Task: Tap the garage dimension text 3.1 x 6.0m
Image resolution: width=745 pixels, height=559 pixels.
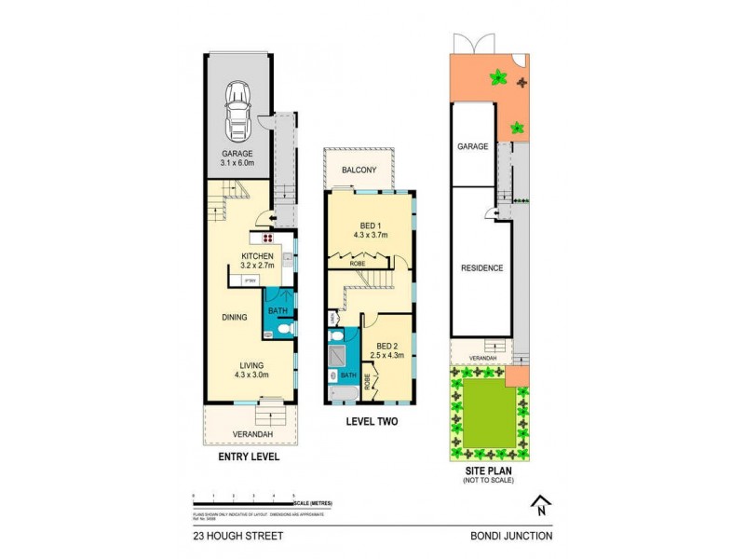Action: [238, 163]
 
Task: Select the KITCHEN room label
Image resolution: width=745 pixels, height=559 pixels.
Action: [257, 256]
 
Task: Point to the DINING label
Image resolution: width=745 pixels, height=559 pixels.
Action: [234, 317]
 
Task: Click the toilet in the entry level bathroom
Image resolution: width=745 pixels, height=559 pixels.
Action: [284, 328]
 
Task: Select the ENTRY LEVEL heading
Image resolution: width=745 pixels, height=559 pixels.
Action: [248, 457]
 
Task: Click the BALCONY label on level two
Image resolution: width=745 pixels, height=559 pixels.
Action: [359, 170]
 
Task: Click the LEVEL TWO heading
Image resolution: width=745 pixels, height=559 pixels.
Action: [372, 421]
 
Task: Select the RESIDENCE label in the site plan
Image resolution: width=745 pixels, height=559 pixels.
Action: [481, 268]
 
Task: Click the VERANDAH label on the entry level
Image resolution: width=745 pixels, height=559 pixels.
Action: [252, 434]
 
